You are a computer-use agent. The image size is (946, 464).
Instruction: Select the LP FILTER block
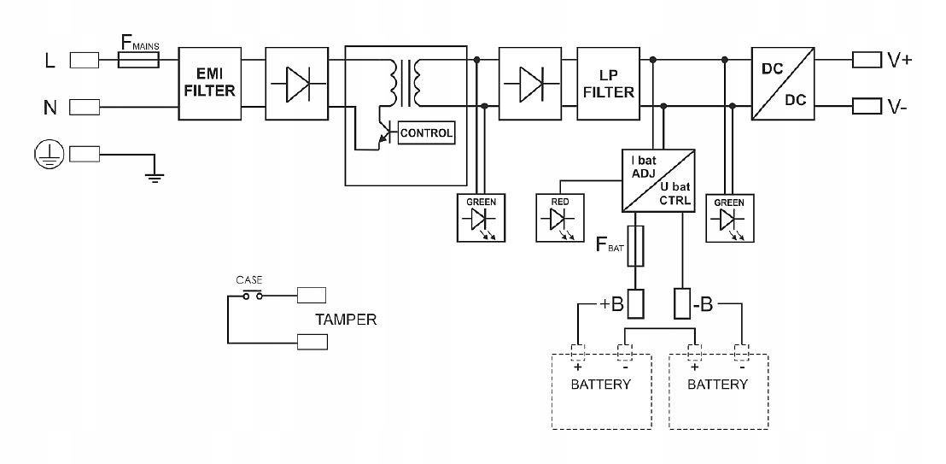[608, 83]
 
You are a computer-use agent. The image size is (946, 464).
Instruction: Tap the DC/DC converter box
[783, 83]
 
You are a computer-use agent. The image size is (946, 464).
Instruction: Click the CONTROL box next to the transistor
[426, 133]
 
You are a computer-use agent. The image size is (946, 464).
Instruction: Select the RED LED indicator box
[560, 217]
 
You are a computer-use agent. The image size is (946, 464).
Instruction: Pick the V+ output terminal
[867, 60]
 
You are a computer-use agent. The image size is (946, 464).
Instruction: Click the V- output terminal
[867, 107]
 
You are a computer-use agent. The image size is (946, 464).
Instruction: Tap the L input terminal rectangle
[84, 60]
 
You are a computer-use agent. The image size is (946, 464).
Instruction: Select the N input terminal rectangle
[84, 107]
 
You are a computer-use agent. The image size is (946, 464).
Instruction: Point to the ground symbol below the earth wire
[154, 177]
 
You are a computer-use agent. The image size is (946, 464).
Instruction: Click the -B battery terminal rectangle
[683, 303]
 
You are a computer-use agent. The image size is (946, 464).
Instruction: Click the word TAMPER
[345, 320]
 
